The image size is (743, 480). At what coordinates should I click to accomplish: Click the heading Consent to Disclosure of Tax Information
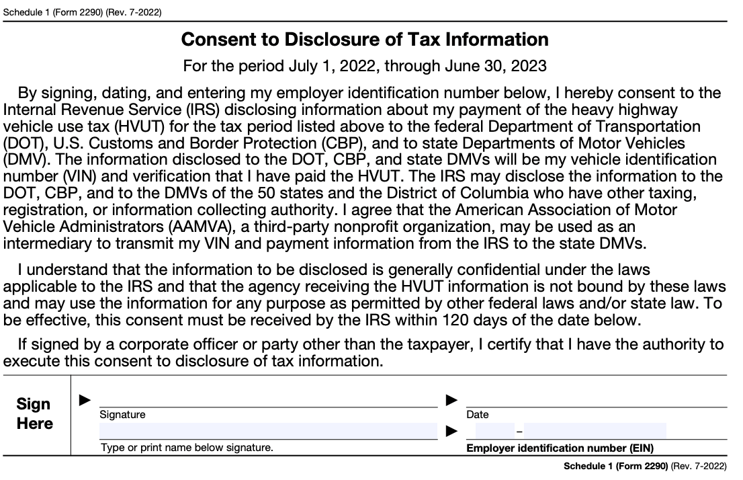pos(365,40)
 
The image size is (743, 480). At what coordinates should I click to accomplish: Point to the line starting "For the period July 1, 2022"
pos(365,66)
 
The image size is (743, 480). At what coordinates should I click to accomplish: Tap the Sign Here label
pos(34,413)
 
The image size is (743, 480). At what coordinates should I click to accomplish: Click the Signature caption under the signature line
pos(122,415)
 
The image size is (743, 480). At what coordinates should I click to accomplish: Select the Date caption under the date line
pos(478,415)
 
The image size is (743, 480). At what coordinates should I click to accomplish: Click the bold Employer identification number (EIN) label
pos(560,448)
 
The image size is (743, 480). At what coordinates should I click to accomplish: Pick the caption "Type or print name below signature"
pos(187,448)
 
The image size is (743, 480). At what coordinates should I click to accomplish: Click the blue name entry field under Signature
pos(268,431)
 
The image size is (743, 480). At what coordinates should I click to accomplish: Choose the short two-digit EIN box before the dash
pos(494,431)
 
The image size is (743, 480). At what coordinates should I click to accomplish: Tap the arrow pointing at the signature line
pos(85,401)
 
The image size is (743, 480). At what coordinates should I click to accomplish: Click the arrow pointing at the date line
pos(452,401)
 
